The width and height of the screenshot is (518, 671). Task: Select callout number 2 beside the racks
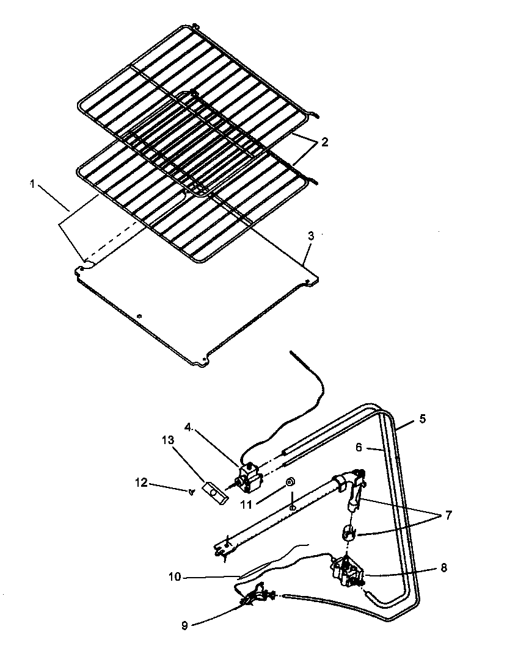pos(325,142)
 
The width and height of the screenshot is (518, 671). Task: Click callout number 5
pos(423,420)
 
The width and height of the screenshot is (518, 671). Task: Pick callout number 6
pos(359,447)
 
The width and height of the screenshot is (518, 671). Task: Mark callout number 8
pos(443,567)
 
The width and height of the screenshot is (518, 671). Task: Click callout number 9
pos(184,625)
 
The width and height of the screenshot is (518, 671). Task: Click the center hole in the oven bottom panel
pos(140,316)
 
